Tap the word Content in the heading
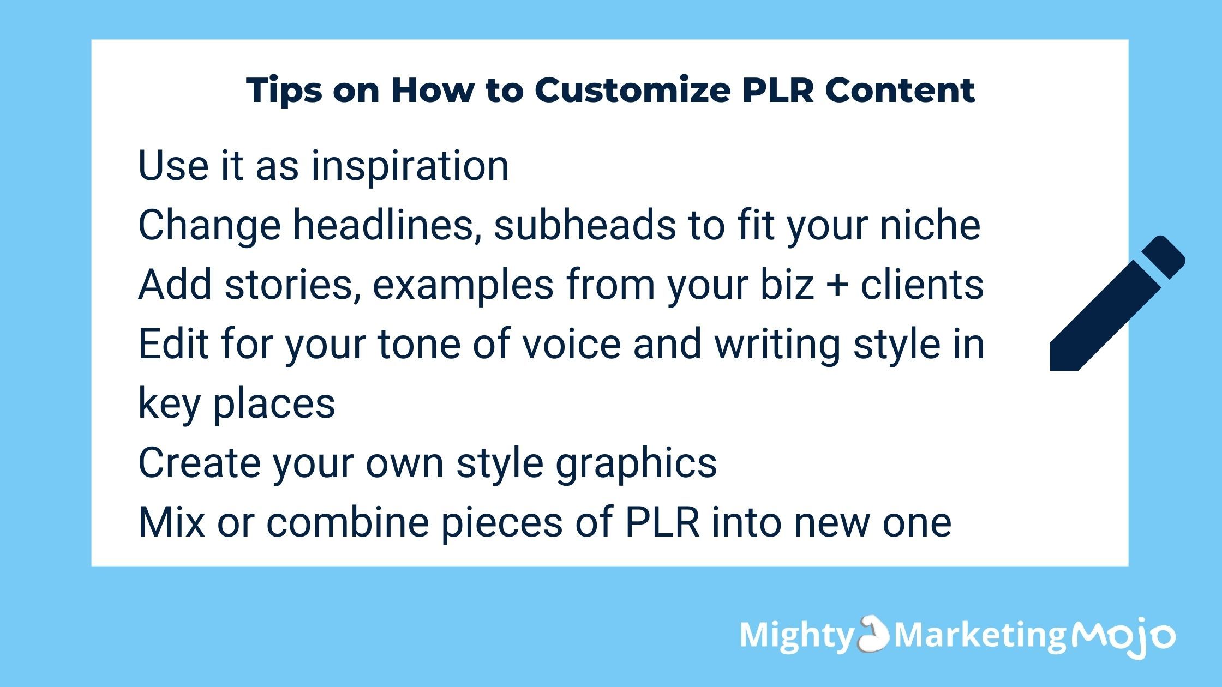click(x=900, y=90)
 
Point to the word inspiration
click(x=410, y=166)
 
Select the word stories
click(x=292, y=285)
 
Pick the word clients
click(x=922, y=285)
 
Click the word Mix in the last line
click(x=172, y=522)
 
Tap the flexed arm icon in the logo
click(x=873, y=634)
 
